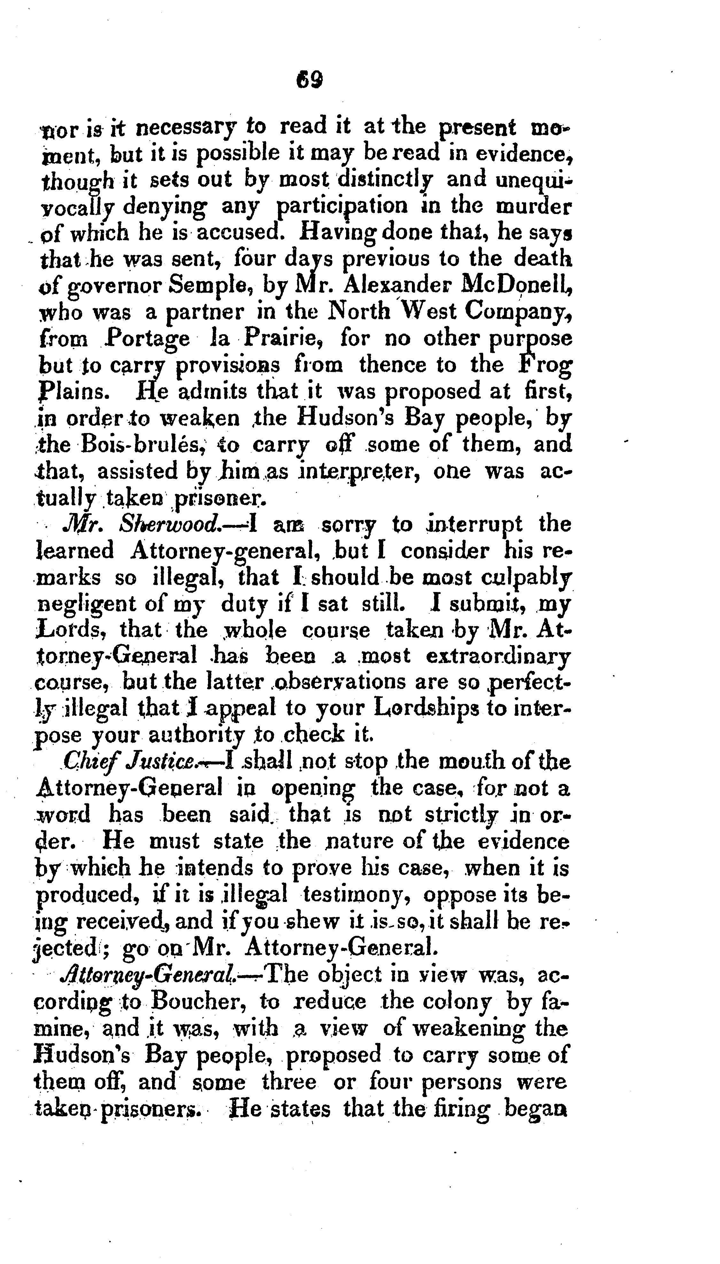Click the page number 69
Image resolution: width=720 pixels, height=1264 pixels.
[310, 79]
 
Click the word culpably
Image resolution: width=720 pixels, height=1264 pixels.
[526, 578]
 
